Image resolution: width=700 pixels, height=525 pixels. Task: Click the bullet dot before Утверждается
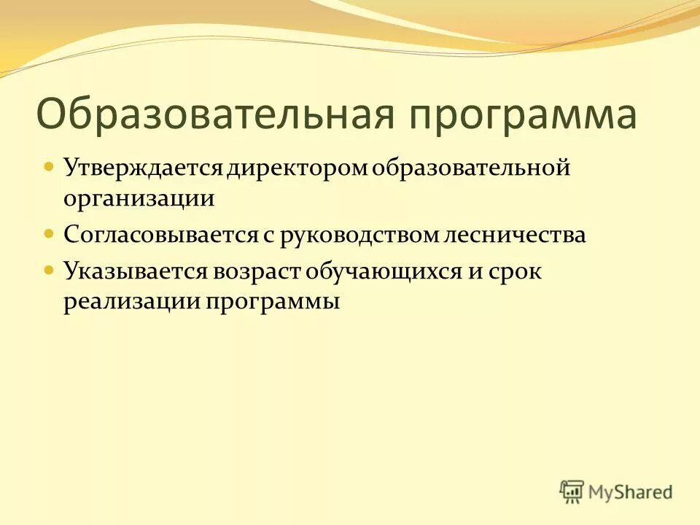49,167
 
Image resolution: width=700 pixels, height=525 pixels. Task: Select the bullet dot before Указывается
49,270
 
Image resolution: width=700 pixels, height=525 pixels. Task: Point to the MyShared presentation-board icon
572,491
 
